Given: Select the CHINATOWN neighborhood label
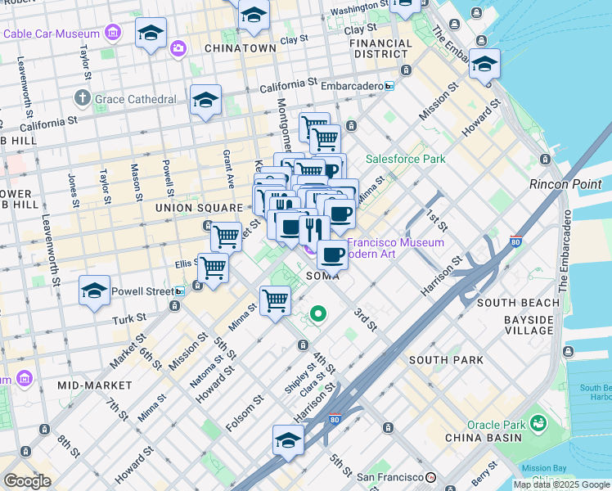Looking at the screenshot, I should tap(240, 48).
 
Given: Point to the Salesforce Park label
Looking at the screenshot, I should tap(405, 159).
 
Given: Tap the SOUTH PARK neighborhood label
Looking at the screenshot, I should tap(446, 360).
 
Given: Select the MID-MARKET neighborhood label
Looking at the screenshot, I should tap(95, 385).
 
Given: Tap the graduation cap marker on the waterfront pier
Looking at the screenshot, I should tap(485, 62).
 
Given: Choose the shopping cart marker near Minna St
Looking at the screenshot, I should tap(275, 300).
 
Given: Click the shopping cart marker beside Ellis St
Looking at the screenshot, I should tap(213, 267).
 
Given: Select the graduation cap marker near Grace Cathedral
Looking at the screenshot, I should tap(205, 100).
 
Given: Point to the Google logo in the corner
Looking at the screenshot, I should tap(27, 481).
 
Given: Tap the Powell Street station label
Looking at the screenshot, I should tap(142, 291).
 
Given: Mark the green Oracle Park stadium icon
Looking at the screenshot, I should tap(538, 423).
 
